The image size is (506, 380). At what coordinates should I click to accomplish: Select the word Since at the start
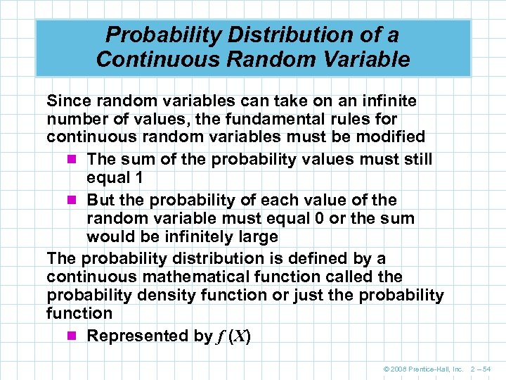69,101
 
